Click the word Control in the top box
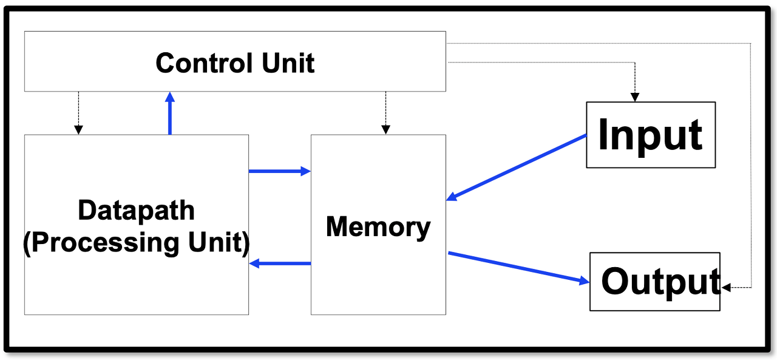(204, 63)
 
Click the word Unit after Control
(288, 63)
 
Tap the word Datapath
(137, 211)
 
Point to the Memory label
(378, 228)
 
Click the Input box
(651, 135)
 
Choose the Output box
(655, 282)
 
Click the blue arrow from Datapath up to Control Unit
(169, 113)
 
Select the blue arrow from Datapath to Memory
(280, 171)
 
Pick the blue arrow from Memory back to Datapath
(280, 263)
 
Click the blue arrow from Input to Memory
(517, 168)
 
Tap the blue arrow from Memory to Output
(519, 268)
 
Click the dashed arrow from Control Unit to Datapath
(78, 113)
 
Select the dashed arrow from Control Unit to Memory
(385, 113)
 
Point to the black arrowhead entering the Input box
(635, 97)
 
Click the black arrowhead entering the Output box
(726, 288)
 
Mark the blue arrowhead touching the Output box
(585, 280)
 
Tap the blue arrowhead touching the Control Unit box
(169, 97)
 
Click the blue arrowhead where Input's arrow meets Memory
(452, 197)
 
